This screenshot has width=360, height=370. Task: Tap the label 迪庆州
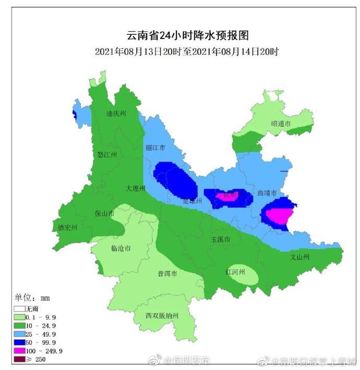click(x=116, y=114)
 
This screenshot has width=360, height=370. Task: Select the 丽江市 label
click(x=155, y=148)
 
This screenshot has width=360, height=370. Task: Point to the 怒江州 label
click(x=107, y=155)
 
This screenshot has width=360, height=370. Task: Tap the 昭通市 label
click(x=281, y=124)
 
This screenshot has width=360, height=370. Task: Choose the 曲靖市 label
click(x=267, y=193)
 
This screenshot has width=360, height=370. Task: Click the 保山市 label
click(x=104, y=214)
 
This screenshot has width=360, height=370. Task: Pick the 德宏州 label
click(x=68, y=228)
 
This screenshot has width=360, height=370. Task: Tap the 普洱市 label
click(x=167, y=274)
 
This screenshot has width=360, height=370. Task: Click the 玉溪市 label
click(x=220, y=239)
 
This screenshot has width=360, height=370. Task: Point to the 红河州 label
click(x=235, y=272)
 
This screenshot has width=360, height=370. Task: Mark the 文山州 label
click(x=300, y=257)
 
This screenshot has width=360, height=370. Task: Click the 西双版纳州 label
click(x=162, y=316)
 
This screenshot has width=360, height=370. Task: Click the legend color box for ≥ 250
click(x=20, y=359)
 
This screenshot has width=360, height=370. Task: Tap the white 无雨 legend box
click(x=20, y=308)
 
